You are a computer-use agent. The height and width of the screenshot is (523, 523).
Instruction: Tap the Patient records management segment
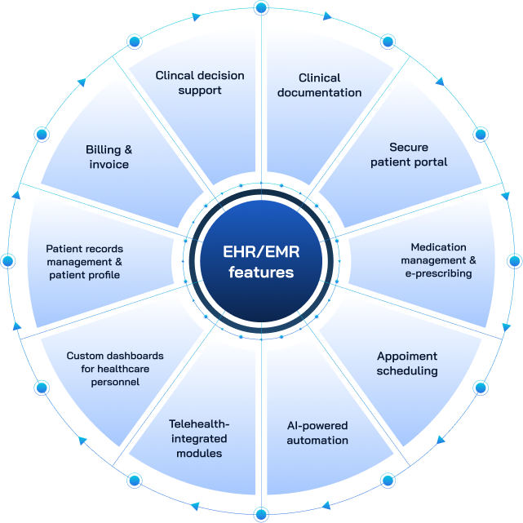point(83,261)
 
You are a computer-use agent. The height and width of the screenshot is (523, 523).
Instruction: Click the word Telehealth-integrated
point(200,424)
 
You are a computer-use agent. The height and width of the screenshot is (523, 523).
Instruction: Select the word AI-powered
point(317,426)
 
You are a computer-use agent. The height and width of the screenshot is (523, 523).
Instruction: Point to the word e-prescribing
point(439,274)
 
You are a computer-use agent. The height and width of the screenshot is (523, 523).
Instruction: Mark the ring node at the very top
point(261,8)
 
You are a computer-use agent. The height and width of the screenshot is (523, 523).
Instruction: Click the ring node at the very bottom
point(261,514)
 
